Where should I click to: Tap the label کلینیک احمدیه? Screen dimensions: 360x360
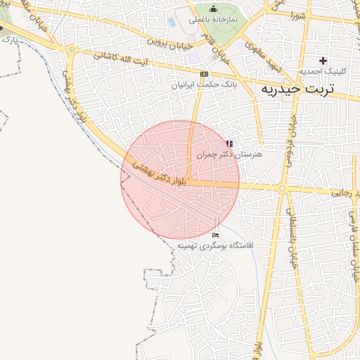click(320, 72)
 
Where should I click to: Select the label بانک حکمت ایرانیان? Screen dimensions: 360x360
click(203, 84)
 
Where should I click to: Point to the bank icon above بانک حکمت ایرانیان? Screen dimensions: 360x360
click(204, 74)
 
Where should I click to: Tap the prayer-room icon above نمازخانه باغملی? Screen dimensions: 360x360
click(213, 8)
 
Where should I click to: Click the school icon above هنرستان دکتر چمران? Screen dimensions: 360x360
click(229, 143)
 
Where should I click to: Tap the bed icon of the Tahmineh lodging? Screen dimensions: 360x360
click(215, 235)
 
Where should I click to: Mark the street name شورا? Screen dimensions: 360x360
click(297, 15)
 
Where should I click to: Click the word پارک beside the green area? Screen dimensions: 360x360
click(8, 41)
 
